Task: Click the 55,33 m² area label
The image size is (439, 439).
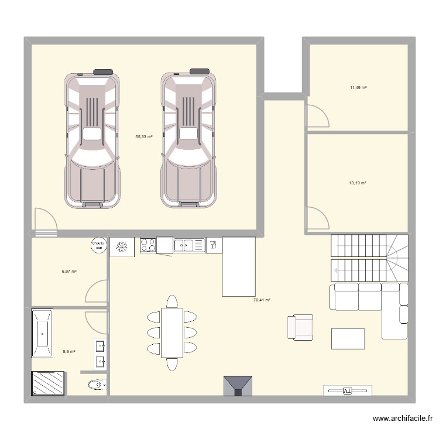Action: point(143,136)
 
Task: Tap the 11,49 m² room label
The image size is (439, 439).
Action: point(358,87)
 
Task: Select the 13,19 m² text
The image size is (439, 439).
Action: point(358,183)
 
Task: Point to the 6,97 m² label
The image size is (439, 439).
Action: point(70,271)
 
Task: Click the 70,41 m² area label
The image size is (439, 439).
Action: point(262,300)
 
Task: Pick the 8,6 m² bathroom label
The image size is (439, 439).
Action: point(69,351)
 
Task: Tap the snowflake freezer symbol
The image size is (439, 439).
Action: point(122,246)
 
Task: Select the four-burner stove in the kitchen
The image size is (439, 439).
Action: point(148,246)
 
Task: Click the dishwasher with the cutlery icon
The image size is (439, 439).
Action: point(213,245)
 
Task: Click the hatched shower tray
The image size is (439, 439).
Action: point(46,384)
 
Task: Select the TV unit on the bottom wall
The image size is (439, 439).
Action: point(347,390)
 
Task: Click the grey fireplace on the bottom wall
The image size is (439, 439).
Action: point(238,386)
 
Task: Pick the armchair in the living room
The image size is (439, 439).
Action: point(300,327)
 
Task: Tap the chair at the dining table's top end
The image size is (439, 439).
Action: point(172,301)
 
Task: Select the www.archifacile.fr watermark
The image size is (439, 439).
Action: point(403,419)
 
